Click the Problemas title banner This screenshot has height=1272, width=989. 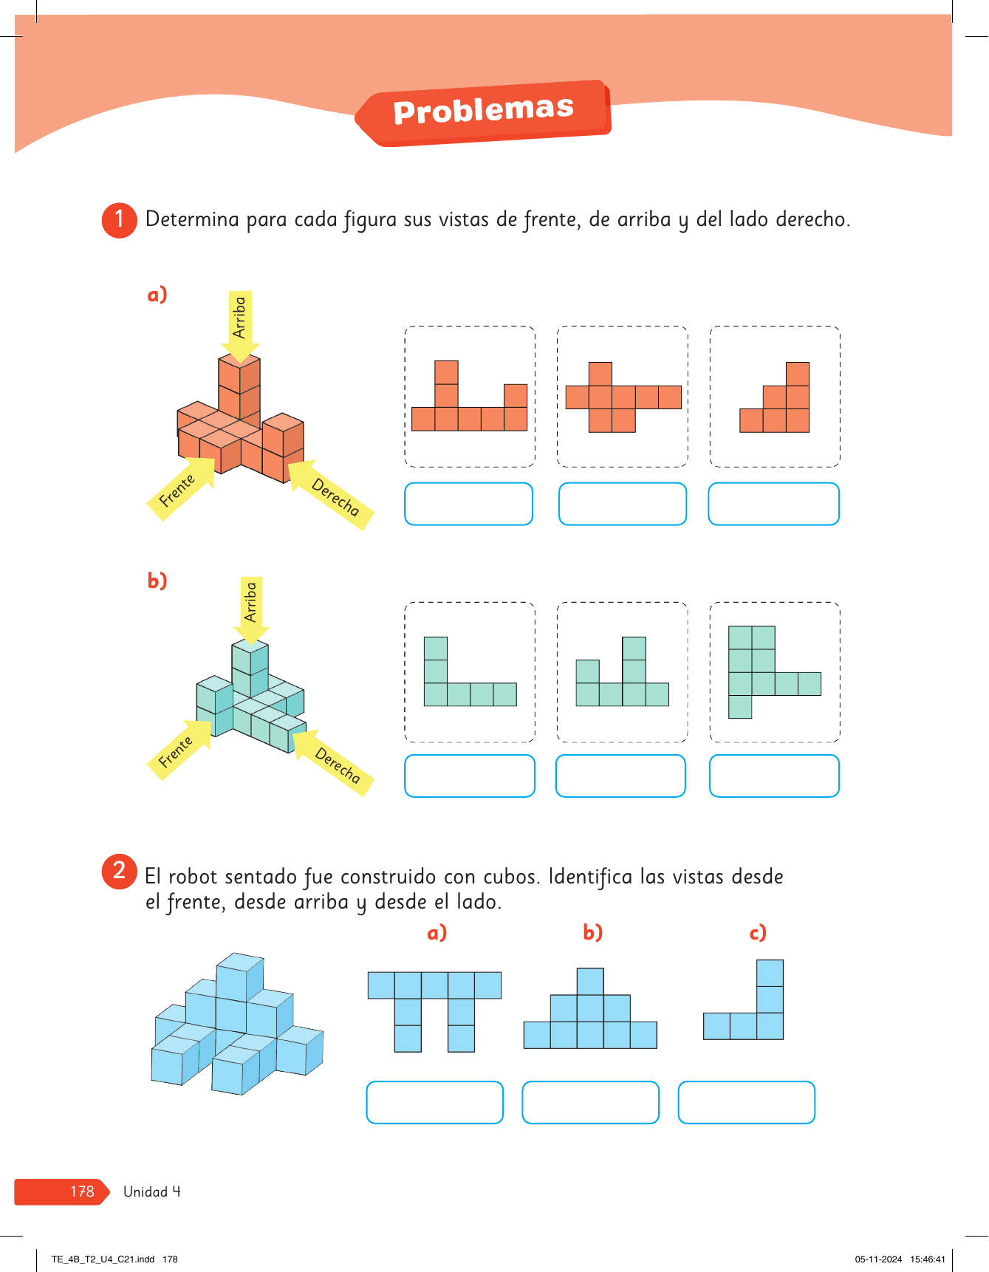pyautogui.click(x=483, y=112)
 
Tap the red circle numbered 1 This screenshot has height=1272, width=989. pyautogui.click(x=119, y=220)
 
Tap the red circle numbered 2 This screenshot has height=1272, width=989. pyautogui.click(x=119, y=871)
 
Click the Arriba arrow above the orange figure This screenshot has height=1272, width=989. pyautogui.click(x=240, y=326)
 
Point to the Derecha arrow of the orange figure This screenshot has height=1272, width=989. pyautogui.click(x=330, y=493)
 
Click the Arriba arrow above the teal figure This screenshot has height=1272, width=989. pyautogui.click(x=251, y=610)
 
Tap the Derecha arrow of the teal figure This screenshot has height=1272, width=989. pyautogui.click(x=333, y=762)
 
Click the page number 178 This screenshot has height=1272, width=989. pyautogui.click(x=82, y=1191)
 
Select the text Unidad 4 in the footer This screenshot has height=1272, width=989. pyautogui.click(x=151, y=1191)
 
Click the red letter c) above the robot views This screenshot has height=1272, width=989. pyautogui.click(x=758, y=933)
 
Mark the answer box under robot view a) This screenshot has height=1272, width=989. pyautogui.click(x=434, y=1102)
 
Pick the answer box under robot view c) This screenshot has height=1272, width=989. pyautogui.click(x=746, y=1102)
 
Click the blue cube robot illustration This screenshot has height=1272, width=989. pyautogui.click(x=237, y=1024)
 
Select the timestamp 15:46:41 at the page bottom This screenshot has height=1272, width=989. pyautogui.click(x=928, y=1259)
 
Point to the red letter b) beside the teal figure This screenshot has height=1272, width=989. pyautogui.click(x=157, y=581)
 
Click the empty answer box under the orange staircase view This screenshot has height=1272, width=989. pyautogui.click(x=773, y=504)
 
